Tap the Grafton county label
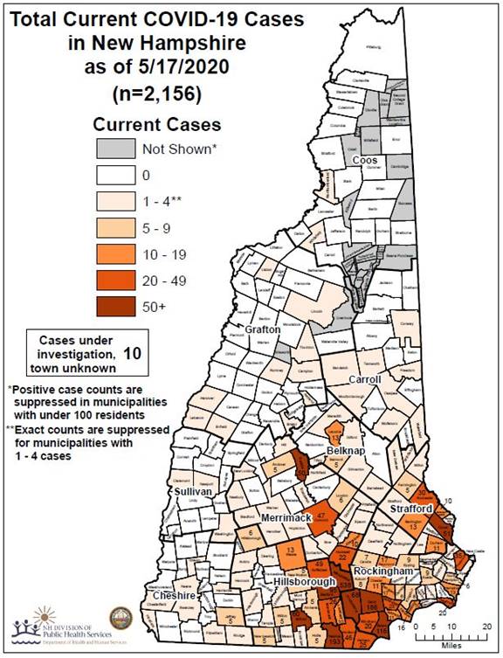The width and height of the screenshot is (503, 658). (262, 329)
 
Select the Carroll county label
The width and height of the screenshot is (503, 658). (366, 380)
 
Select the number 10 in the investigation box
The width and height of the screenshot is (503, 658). (132, 354)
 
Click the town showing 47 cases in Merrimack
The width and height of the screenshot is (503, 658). (321, 516)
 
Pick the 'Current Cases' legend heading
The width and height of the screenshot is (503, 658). (156, 124)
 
